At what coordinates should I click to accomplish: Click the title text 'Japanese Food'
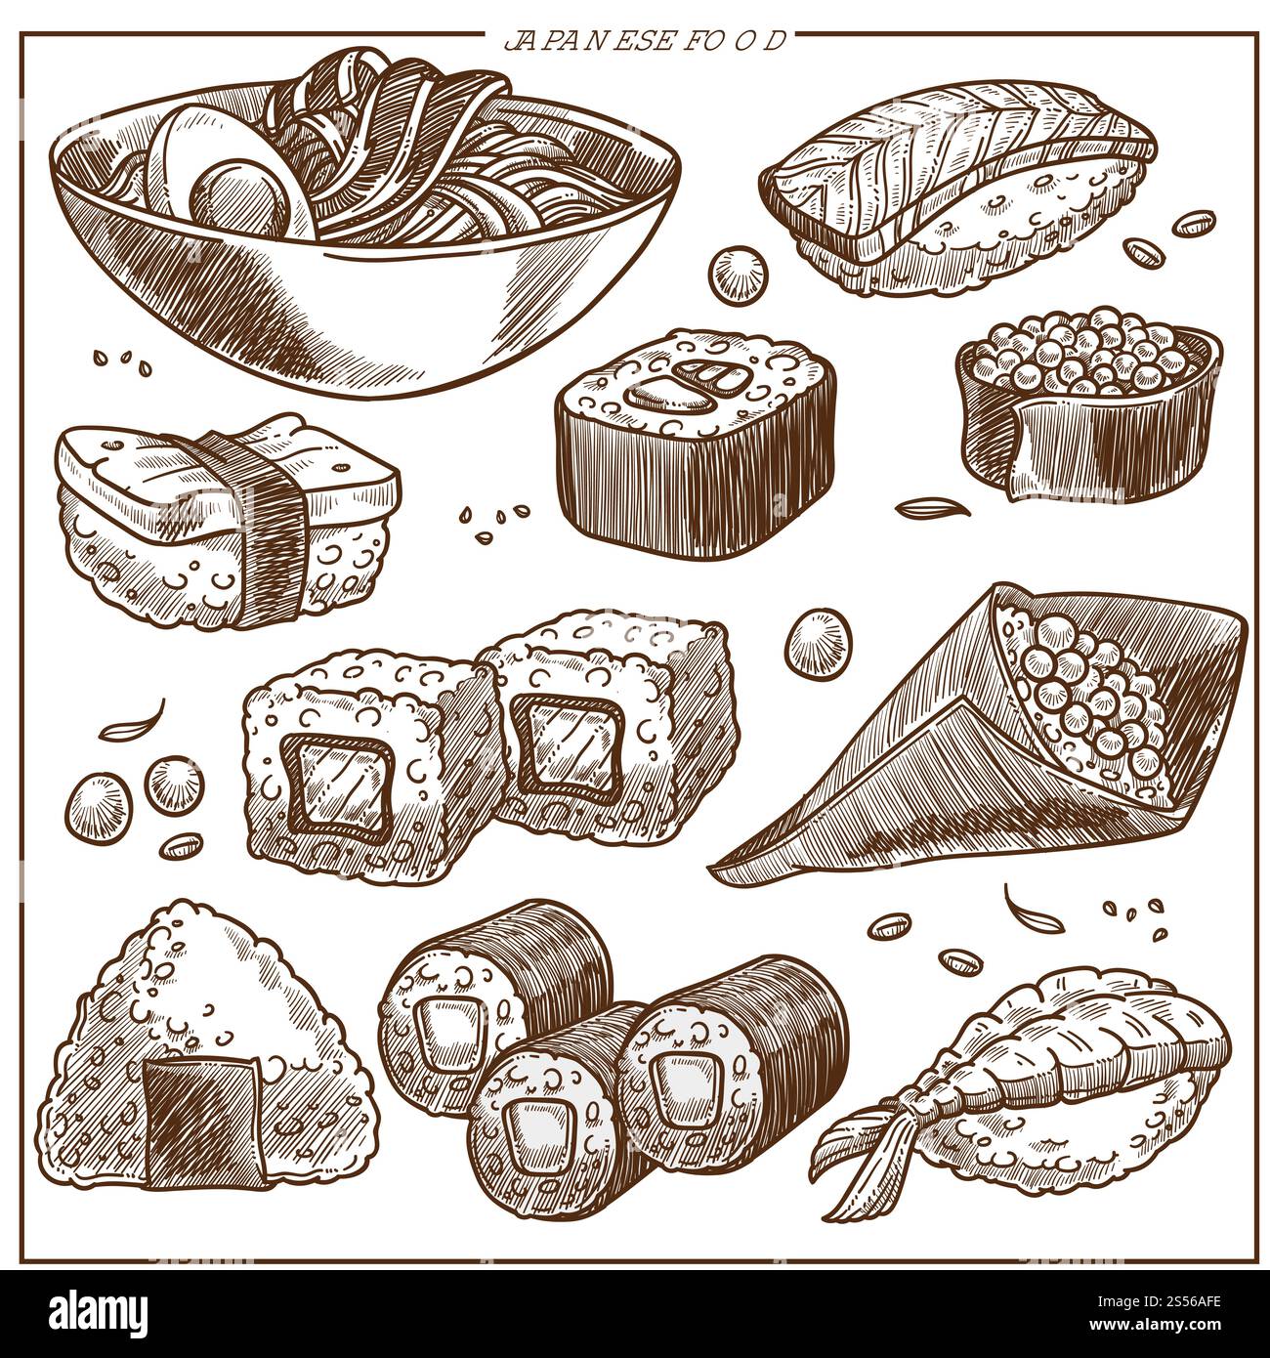(645, 42)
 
